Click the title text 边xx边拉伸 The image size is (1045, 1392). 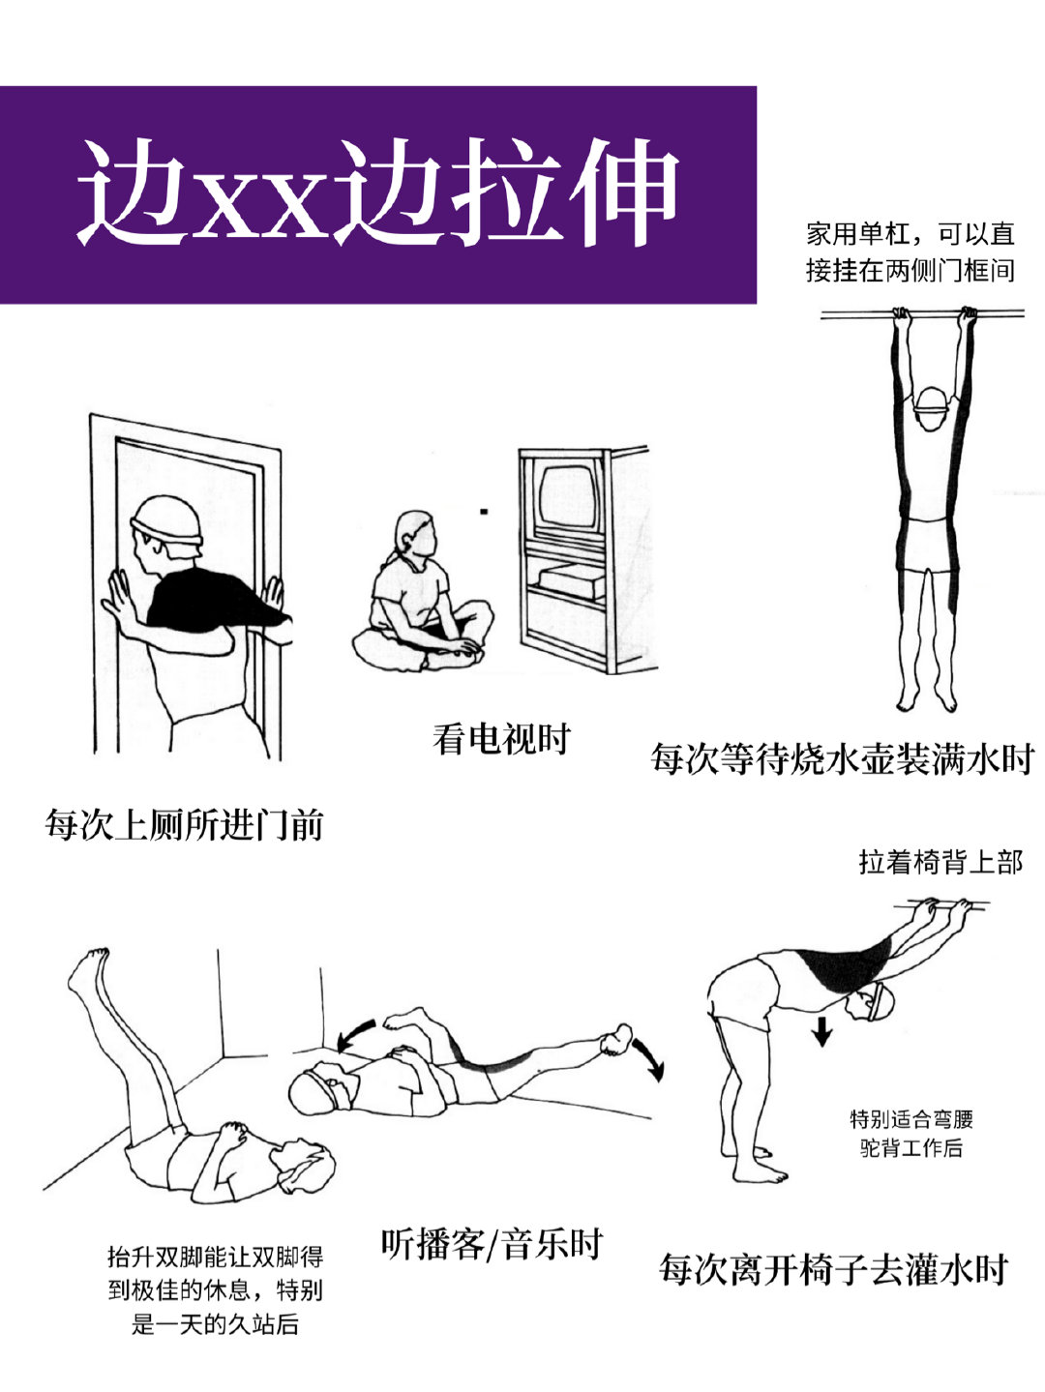pos(378,192)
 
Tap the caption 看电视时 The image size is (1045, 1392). pos(501,739)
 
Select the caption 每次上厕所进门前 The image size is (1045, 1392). pos(184,825)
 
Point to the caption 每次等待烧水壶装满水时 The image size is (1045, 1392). pos(844,759)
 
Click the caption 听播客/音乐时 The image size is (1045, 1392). pos(493,1244)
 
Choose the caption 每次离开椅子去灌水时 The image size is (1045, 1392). pos(834,1269)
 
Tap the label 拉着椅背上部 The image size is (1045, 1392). pos(941,863)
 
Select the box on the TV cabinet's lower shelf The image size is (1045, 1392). pos(571,581)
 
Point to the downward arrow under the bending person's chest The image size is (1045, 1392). pos(822,1030)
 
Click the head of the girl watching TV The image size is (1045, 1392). pos(416,535)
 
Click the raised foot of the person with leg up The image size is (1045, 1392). pos(88,970)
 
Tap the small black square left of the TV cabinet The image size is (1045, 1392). pos(484,511)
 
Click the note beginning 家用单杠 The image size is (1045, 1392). pos(911,252)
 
